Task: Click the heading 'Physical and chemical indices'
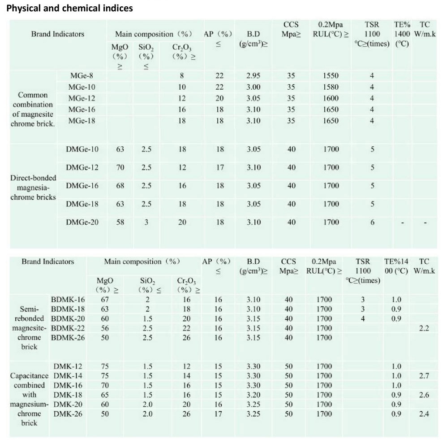tap(69, 8)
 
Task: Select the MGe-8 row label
tap(82, 76)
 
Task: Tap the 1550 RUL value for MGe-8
tap(331, 76)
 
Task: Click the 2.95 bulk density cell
tap(254, 76)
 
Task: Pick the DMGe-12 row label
tap(82, 167)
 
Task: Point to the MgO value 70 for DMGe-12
tap(120, 167)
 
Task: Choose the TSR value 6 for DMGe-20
tap(372, 222)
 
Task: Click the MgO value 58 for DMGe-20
tap(120, 222)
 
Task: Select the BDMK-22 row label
tap(68, 328)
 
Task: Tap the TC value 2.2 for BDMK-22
tap(424, 328)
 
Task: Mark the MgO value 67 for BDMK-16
tap(105, 300)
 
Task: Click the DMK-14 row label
tap(68, 376)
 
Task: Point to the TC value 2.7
tap(424, 376)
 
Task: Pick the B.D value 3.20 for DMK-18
tap(254, 395)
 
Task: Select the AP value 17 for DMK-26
tap(218, 414)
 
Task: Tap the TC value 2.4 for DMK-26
tap(424, 414)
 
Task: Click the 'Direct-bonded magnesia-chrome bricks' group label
tap(33, 187)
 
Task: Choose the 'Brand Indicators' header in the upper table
tap(58, 34)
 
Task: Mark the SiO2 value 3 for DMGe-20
tap(146, 222)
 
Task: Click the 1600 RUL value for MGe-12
tap(331, 98)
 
